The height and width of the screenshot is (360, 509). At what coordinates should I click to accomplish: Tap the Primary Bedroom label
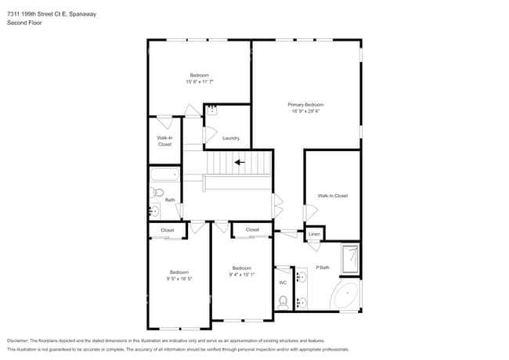pos(305,104)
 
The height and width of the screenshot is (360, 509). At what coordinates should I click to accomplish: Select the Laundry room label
pos(230,138)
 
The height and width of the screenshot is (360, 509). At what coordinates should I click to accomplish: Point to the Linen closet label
pos(314,234)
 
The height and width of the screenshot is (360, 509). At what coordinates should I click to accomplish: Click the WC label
pos(283,283)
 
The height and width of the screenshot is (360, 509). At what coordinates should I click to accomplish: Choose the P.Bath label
pos(322,268)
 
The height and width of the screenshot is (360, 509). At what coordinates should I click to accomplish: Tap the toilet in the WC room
pos(283,301)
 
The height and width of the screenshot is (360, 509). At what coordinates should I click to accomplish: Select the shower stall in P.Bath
pos(350,260)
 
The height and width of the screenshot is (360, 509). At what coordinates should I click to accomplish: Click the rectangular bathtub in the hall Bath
pos(165,175)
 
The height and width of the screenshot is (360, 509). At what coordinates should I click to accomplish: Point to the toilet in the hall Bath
pos(157,192)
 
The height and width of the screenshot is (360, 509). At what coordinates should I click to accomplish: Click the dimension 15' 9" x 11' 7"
pos(200,81)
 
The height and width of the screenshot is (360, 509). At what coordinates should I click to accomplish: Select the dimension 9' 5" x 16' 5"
pos(179,279)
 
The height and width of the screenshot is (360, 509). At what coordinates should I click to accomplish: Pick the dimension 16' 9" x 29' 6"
pos(305,111)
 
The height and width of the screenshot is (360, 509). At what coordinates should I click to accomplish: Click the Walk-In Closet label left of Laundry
pos(164,141)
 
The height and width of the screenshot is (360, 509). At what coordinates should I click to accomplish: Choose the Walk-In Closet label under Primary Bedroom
pos(332,196)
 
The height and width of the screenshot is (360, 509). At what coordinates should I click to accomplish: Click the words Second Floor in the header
pos(24,23)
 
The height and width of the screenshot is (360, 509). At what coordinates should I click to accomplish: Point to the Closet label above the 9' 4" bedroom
pos(252,229)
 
